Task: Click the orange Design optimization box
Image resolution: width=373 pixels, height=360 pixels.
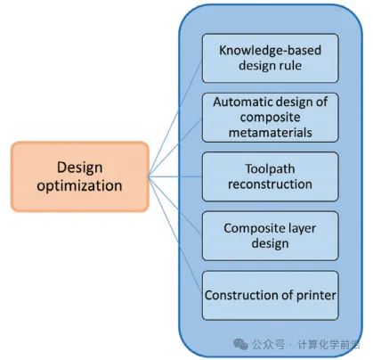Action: click(x=80, y=176)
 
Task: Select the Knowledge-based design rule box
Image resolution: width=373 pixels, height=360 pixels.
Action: click(x=270, y=58)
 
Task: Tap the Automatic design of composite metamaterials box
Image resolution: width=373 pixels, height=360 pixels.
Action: click(x=270, y=118)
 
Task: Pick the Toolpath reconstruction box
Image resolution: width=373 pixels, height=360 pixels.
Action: click(x=270, y=176)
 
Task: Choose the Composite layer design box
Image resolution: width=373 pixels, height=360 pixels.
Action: click(x=270, y=236)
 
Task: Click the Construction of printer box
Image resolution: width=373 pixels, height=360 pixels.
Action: click(x=270, y=296)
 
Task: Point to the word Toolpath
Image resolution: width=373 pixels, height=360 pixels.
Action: click(x=270, y=169)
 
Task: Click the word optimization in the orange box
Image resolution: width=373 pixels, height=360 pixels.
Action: click(x=79, y=186)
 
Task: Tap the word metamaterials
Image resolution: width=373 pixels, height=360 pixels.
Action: click(x=271, y=133)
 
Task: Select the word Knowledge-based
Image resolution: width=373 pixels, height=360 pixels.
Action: click(x=270, y=50)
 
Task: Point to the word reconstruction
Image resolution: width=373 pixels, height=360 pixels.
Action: click(x=270, y=184)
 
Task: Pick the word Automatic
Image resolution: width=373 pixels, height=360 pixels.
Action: click(x=239, y=102)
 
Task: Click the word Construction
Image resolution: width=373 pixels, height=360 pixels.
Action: click(x=242, y=295)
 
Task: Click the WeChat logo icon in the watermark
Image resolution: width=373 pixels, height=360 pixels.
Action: click(x=240, y=345)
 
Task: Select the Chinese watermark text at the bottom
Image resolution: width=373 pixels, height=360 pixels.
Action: click(x=306, y=345)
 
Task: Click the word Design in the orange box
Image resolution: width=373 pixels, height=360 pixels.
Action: click(x=80, y=168)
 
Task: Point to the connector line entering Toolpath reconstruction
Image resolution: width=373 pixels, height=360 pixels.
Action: click(x=175, y=177)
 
